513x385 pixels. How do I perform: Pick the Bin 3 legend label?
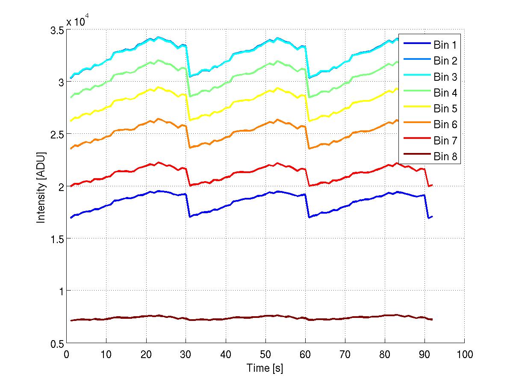tap(445, 77)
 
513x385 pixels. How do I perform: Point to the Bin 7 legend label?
tap(445, 141)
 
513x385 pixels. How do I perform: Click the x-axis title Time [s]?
tap(265, 368)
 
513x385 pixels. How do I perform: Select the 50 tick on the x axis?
tap(265, 354)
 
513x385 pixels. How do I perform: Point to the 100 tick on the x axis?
tap(464, 354)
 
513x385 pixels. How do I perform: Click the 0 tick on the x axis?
tap(66, 354)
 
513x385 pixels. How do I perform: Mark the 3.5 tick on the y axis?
tap(56, 30)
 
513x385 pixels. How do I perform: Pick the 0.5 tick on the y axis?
tap(56, 344)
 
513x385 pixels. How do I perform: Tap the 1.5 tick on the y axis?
tap(56, 239)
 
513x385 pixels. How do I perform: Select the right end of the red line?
tap(432, 185)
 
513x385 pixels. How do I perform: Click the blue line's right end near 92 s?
tap(432, 217)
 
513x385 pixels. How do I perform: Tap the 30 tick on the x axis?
tap(186, 354)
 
